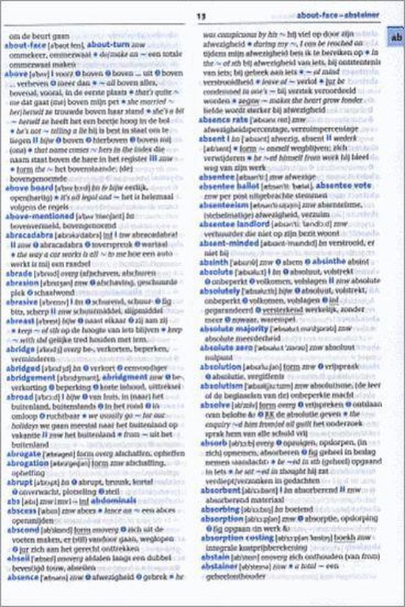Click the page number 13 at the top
tap(200, 17)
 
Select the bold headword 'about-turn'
tap(110, 45)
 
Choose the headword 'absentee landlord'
tap(233, 202)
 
